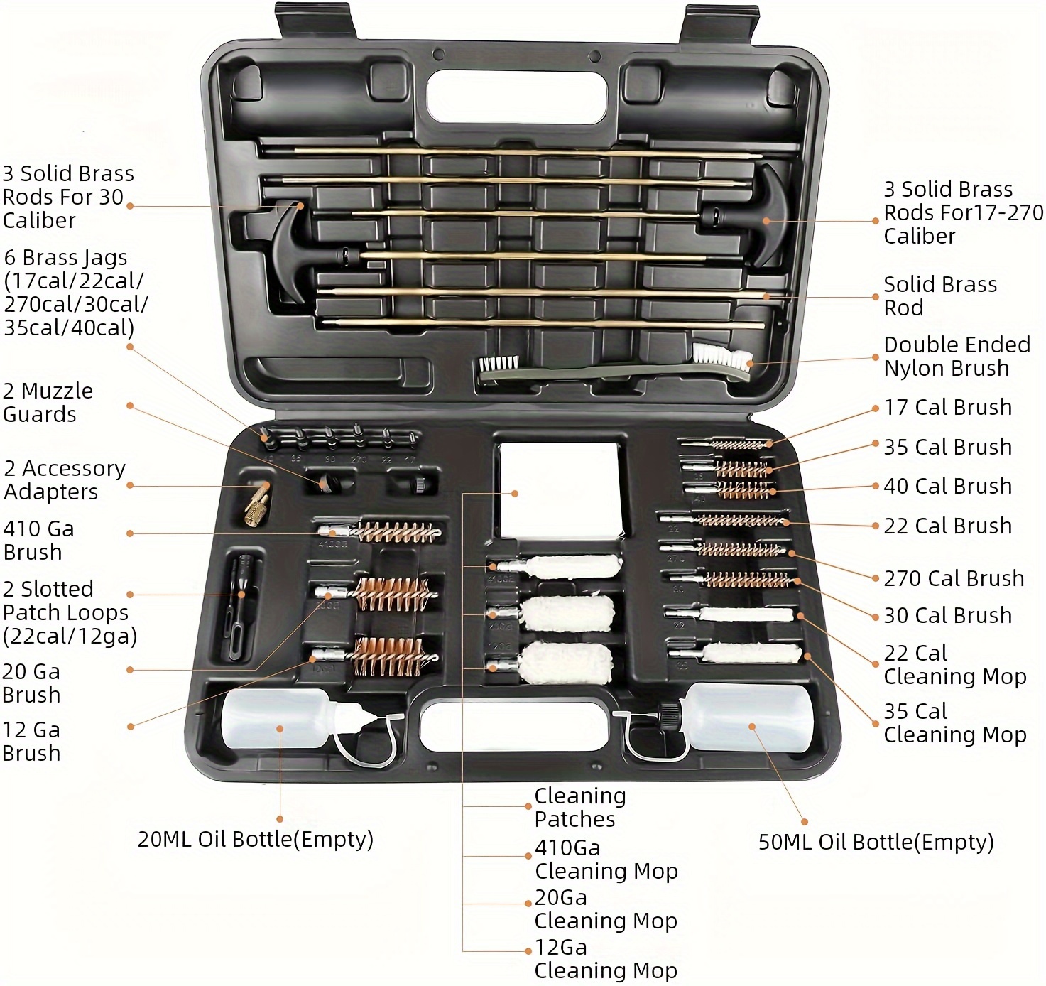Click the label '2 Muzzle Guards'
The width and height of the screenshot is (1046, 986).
(x=48, y=403)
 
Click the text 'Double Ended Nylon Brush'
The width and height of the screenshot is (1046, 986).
(x=956, y=357)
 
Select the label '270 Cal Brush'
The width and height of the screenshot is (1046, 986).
(x=953, y=578)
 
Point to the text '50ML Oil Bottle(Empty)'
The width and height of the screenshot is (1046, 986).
(x=876, y=842)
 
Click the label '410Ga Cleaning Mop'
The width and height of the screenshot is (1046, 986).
(x=606, y=860)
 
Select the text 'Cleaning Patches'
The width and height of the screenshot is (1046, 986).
(x=579, y=808)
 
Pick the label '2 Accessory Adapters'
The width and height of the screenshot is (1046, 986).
(x=64, y=480)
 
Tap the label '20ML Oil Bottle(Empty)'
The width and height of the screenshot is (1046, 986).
(x=255, y=839)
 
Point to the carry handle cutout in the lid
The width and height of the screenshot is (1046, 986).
(x=518, y=96)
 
